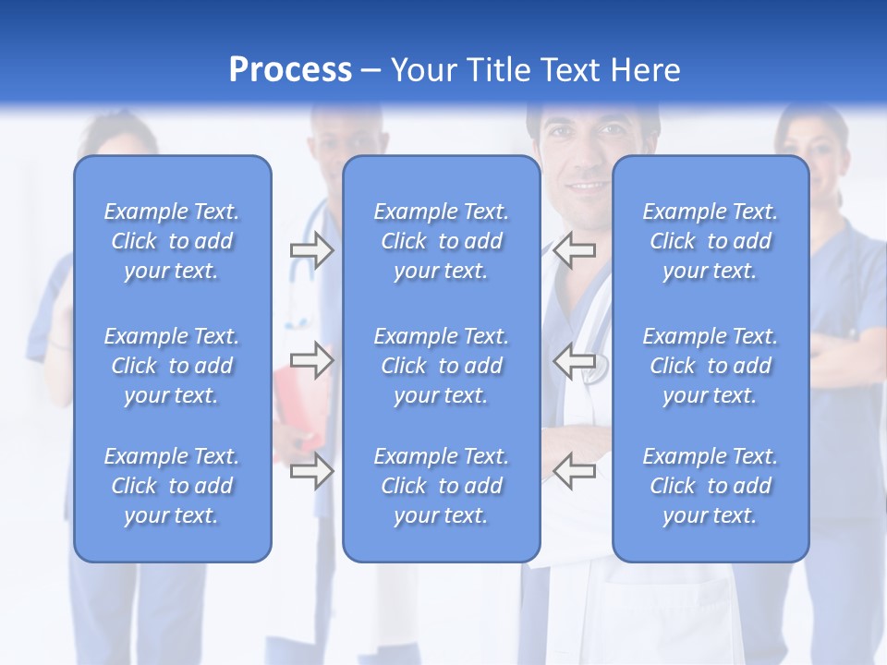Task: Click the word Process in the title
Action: click(x=290, y=70)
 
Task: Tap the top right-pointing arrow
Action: click(x=311, y=249)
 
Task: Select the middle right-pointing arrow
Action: click(x=311, y=359)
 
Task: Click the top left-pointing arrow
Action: click(x=575, y=249)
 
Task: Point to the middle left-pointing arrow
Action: click(x=575, y=359)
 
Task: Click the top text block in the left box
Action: click(x=172, y=241)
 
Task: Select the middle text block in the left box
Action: click(x=172, y=366)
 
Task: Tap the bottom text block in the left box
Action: click(x=172, y=486)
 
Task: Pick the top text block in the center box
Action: click(x=442, y=241)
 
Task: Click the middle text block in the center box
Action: click(x=442, y=366)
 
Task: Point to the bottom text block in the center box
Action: click(x=442, y=486)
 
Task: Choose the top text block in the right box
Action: click(x=711, y=241)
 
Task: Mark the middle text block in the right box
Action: click(x=711, y=366)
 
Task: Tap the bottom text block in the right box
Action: click(x=711, y=486)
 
